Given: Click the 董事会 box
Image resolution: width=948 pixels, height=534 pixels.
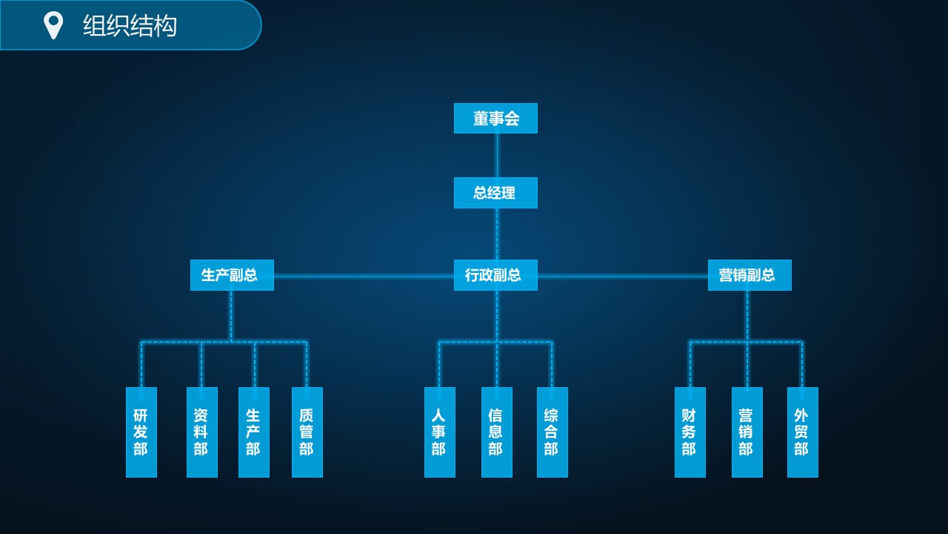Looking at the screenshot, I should point(495,119).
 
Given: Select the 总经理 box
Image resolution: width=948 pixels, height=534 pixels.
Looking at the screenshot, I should point(495,193).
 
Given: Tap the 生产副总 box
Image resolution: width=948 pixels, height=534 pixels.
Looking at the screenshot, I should point(232,275).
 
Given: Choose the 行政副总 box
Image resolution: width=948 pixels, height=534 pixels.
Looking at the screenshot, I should point(495,275).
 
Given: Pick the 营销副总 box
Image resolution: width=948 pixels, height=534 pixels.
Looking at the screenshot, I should point(750,275).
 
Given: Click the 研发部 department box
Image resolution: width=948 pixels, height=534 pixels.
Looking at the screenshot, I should point(141,432).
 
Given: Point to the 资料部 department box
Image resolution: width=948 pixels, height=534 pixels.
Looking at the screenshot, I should point(201,432).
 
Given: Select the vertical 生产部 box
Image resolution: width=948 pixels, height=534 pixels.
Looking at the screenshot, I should point(254,432).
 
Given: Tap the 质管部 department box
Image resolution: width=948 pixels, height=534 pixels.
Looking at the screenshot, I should point(307,432).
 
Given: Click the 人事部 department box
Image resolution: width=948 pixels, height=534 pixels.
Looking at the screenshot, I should point(439,432).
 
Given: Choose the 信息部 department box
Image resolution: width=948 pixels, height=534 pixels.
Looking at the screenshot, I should point(496,432).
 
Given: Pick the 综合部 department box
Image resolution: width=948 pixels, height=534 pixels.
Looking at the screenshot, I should point(552,432).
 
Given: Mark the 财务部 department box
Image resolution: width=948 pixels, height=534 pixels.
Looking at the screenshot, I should point(690,432).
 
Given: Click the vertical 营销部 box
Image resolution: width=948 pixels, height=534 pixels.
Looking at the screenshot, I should point(747,432).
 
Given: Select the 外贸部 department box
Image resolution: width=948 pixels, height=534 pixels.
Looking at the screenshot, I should point(802,432).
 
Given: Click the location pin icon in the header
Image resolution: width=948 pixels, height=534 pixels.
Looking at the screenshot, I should point(53,25).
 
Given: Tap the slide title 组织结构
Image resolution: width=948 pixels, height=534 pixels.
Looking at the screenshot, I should point(130,26).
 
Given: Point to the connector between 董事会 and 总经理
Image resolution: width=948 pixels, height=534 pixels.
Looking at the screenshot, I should point(496,155).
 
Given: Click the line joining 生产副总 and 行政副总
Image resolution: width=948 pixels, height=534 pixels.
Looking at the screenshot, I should point(363,277).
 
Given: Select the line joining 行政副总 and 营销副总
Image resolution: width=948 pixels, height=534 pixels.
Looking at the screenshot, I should point(622,277).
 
